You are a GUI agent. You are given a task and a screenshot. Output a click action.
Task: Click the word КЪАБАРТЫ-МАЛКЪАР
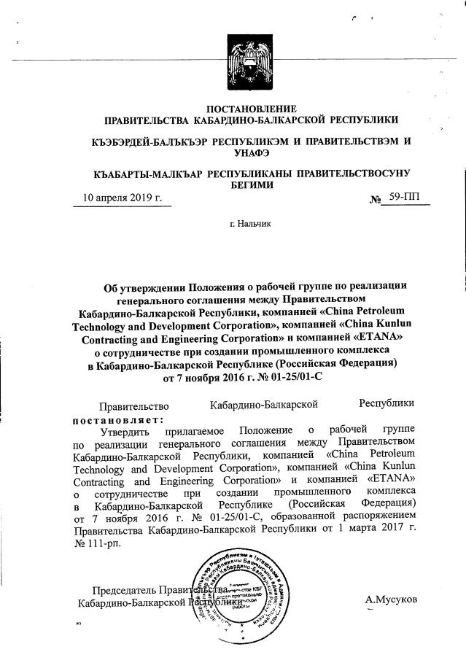tap(149, 174)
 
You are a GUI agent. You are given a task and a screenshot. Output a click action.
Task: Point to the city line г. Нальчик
tap(249, 223)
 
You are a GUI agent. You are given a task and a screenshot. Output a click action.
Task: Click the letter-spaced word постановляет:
tap(118, 419)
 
